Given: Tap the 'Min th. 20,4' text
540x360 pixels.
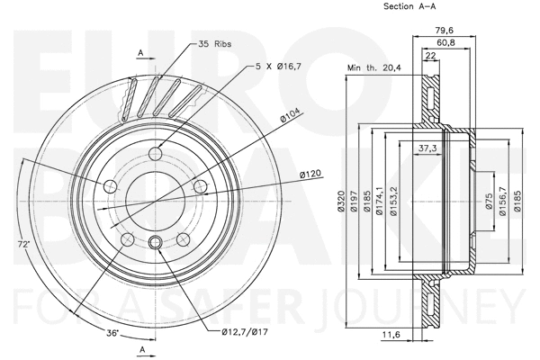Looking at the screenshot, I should [373, 67].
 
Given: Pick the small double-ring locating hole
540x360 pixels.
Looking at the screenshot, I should [154, 241].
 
